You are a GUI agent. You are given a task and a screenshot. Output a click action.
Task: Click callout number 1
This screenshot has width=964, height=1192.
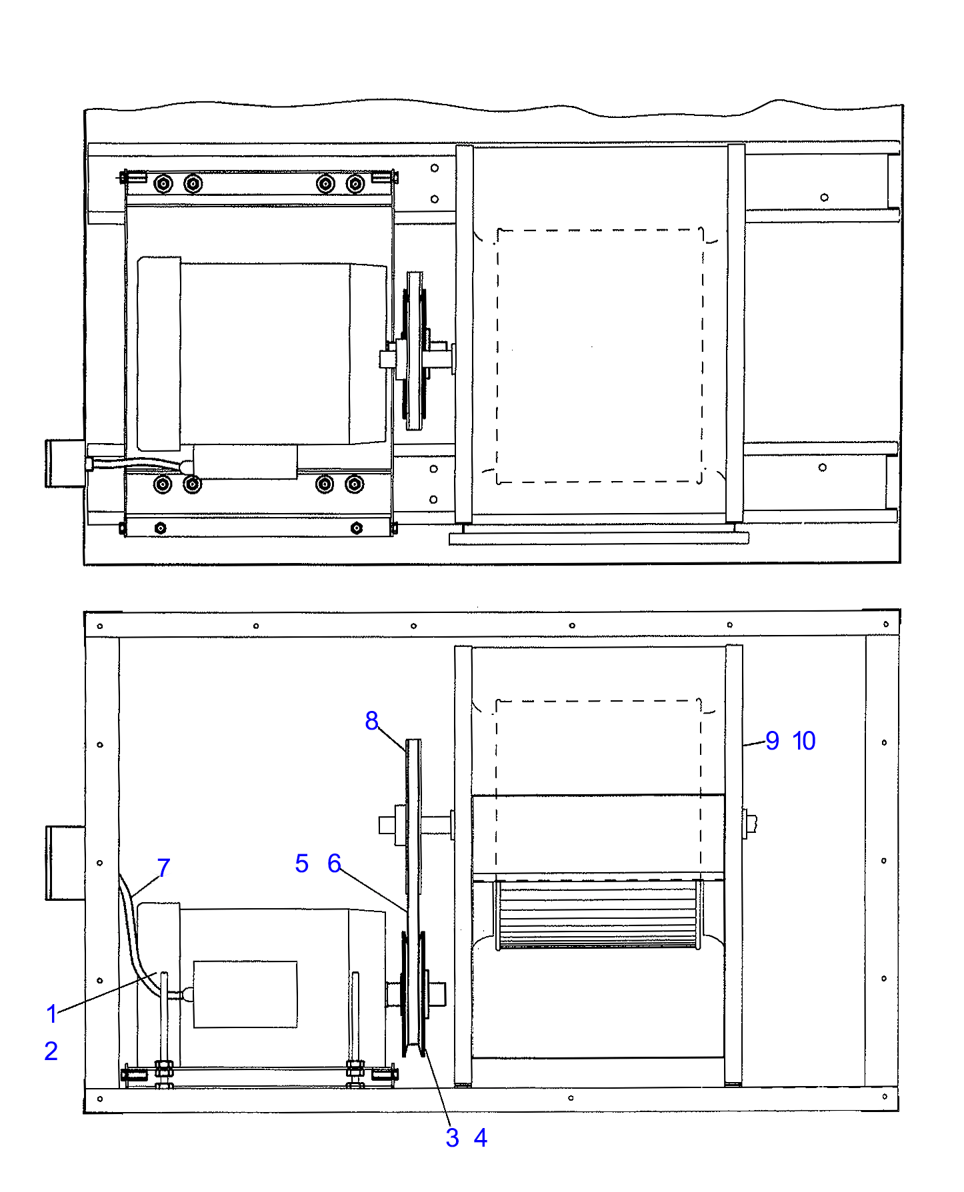(x=52, y=1013)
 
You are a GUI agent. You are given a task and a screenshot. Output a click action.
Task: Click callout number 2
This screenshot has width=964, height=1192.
(x=51, y=1051)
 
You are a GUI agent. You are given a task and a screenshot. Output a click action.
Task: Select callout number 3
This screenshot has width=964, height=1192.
(x=452, y=1137)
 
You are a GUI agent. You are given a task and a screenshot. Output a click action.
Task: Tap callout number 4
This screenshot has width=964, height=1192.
(x=481, y=1137)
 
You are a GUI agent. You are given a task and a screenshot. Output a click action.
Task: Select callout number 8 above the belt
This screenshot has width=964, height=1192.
(x=371, y=720)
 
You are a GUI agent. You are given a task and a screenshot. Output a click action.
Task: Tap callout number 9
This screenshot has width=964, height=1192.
(x=772, y=740)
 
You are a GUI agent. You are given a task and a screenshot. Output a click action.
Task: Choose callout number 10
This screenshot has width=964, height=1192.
(x=804, y=740)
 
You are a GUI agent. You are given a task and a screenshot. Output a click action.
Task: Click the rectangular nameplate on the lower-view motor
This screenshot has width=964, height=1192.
(x=245, y=993)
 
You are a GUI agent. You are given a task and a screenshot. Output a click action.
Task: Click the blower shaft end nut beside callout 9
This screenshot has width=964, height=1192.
(x=750, y=824)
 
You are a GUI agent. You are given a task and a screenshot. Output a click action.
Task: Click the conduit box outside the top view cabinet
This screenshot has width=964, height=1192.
(x=64, y=463)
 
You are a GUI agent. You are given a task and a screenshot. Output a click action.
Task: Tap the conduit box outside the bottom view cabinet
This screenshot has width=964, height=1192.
(x=65, y=862)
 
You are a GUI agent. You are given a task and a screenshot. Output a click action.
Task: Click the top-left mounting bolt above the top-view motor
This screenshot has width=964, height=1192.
(x=163, y=183)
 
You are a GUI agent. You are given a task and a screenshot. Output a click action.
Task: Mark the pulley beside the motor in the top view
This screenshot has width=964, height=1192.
(x=415, y=351)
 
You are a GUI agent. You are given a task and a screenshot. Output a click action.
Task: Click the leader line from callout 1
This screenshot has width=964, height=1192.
(x=107, y=993)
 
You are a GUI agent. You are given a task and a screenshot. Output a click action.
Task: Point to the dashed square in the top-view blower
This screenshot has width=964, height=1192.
(x=599, y=355)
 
